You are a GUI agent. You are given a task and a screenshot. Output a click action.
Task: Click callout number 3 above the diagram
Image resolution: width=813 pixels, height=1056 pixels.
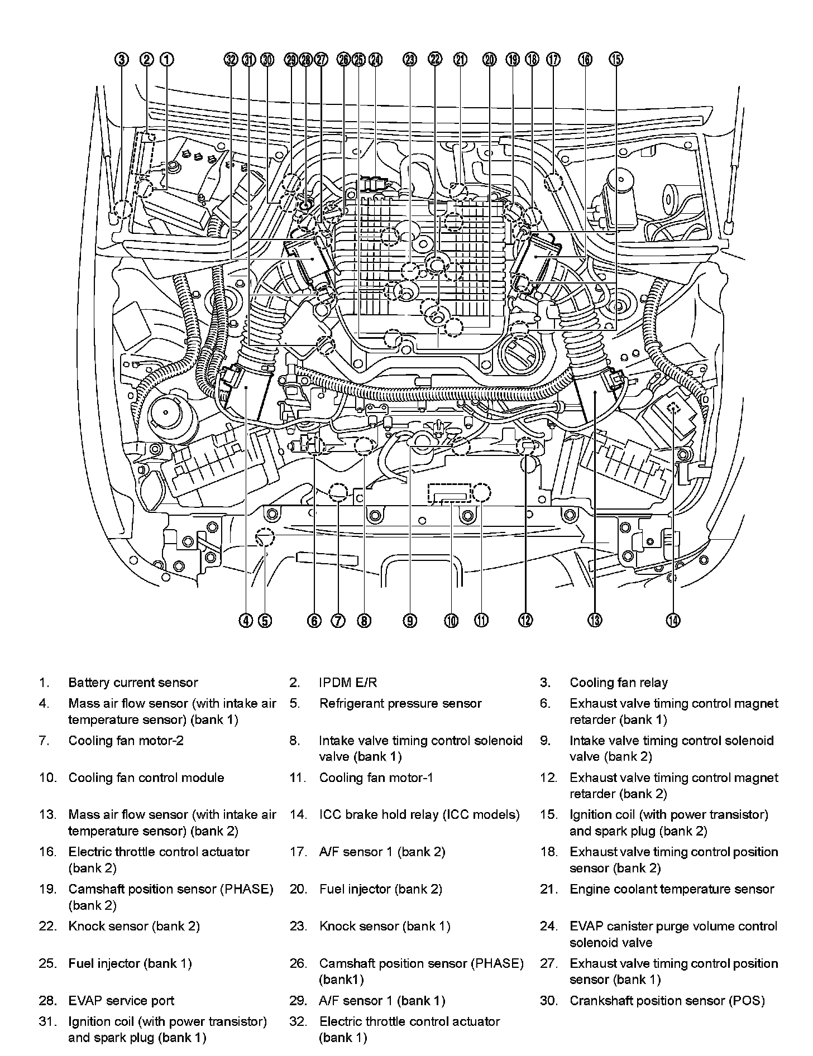tap(122, 60)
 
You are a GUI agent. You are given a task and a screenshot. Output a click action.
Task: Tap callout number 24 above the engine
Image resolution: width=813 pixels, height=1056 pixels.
tap(376, 60)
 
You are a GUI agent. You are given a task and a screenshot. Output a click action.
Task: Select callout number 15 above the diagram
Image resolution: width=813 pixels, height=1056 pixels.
tap(616, 60)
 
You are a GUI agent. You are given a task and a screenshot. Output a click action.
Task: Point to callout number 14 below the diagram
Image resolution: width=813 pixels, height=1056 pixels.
tap(673, 620)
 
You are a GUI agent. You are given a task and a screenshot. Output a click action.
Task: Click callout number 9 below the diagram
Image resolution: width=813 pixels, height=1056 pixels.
tap(410, 620)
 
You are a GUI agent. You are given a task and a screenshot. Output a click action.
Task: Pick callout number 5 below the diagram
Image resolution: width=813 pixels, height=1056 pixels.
tap(265, 620)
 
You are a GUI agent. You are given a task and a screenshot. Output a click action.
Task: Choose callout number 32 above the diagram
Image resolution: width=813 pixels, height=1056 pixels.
tap(231, 60)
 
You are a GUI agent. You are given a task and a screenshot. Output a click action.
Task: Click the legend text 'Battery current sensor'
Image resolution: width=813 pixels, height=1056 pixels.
tap(133, 683)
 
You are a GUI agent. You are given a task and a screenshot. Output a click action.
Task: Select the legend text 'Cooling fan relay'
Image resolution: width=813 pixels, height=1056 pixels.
tap(618, 683)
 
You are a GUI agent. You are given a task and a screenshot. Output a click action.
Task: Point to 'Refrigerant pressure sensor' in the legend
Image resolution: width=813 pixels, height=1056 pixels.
tap(400, 703)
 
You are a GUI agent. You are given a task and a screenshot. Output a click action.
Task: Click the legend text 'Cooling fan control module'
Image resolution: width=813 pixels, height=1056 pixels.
tap(146, 778)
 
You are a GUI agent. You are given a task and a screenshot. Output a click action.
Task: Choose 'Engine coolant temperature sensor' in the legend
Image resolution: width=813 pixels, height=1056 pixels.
tap(672, 889)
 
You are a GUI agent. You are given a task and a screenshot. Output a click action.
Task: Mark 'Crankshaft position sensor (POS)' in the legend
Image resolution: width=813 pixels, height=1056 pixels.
tap(667, 1001)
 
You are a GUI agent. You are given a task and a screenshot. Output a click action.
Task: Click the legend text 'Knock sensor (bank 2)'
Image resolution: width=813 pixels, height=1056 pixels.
tap(133, 927)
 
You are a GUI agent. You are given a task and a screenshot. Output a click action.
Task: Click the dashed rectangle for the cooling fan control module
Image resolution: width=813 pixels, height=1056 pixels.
tap(449, 493)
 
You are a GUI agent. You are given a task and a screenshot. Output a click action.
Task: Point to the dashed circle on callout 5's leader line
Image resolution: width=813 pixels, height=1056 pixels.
tap(265, 538)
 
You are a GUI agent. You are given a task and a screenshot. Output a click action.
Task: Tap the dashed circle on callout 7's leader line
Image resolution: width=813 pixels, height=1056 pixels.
tap(338, 493)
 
